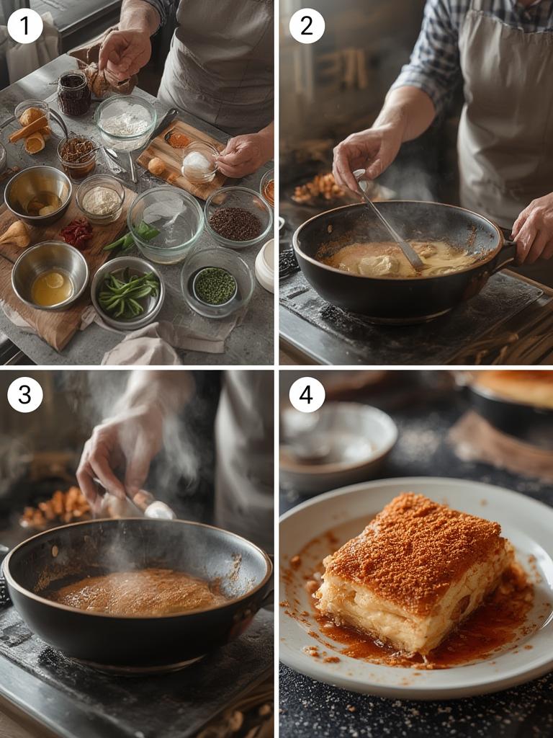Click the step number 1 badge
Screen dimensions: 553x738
pos(25,26)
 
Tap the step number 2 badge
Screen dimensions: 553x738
pos(307,26)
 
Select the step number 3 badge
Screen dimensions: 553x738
pos(25,394)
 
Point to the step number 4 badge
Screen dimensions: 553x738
pos(307,394)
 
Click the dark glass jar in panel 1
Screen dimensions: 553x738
pos(74,93)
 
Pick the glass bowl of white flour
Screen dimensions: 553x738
pos(125,121)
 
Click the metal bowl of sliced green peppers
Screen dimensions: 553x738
pos(127,293)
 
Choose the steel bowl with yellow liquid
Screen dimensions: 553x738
pos(50,275)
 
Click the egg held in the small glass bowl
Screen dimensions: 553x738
pos(197,165)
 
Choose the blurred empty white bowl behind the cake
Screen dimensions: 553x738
pos(338,443)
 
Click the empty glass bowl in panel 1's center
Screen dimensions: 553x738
pos(166,224)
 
